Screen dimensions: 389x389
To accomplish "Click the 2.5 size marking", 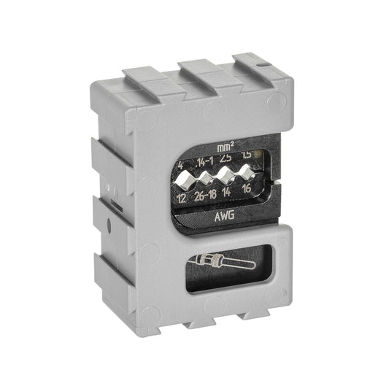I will pyautogui.click(x=226, y=158).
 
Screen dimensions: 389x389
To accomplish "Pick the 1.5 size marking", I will pyautogui.click(x=247, y=155).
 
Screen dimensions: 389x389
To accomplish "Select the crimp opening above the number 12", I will pyautogui.click(x=185, y=181).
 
